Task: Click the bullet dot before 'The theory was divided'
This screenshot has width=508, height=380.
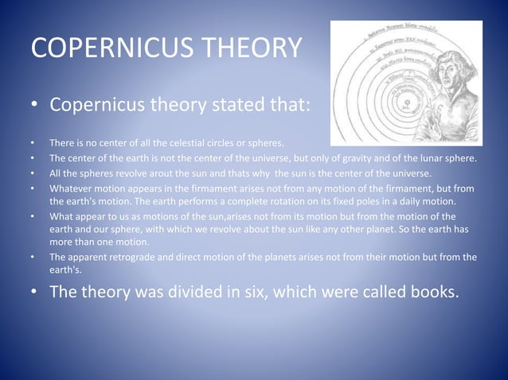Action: tap(35, 292)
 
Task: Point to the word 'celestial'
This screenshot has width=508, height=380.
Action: tap(184, 143)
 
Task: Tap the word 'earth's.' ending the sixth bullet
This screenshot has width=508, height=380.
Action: tap(66, 269)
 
